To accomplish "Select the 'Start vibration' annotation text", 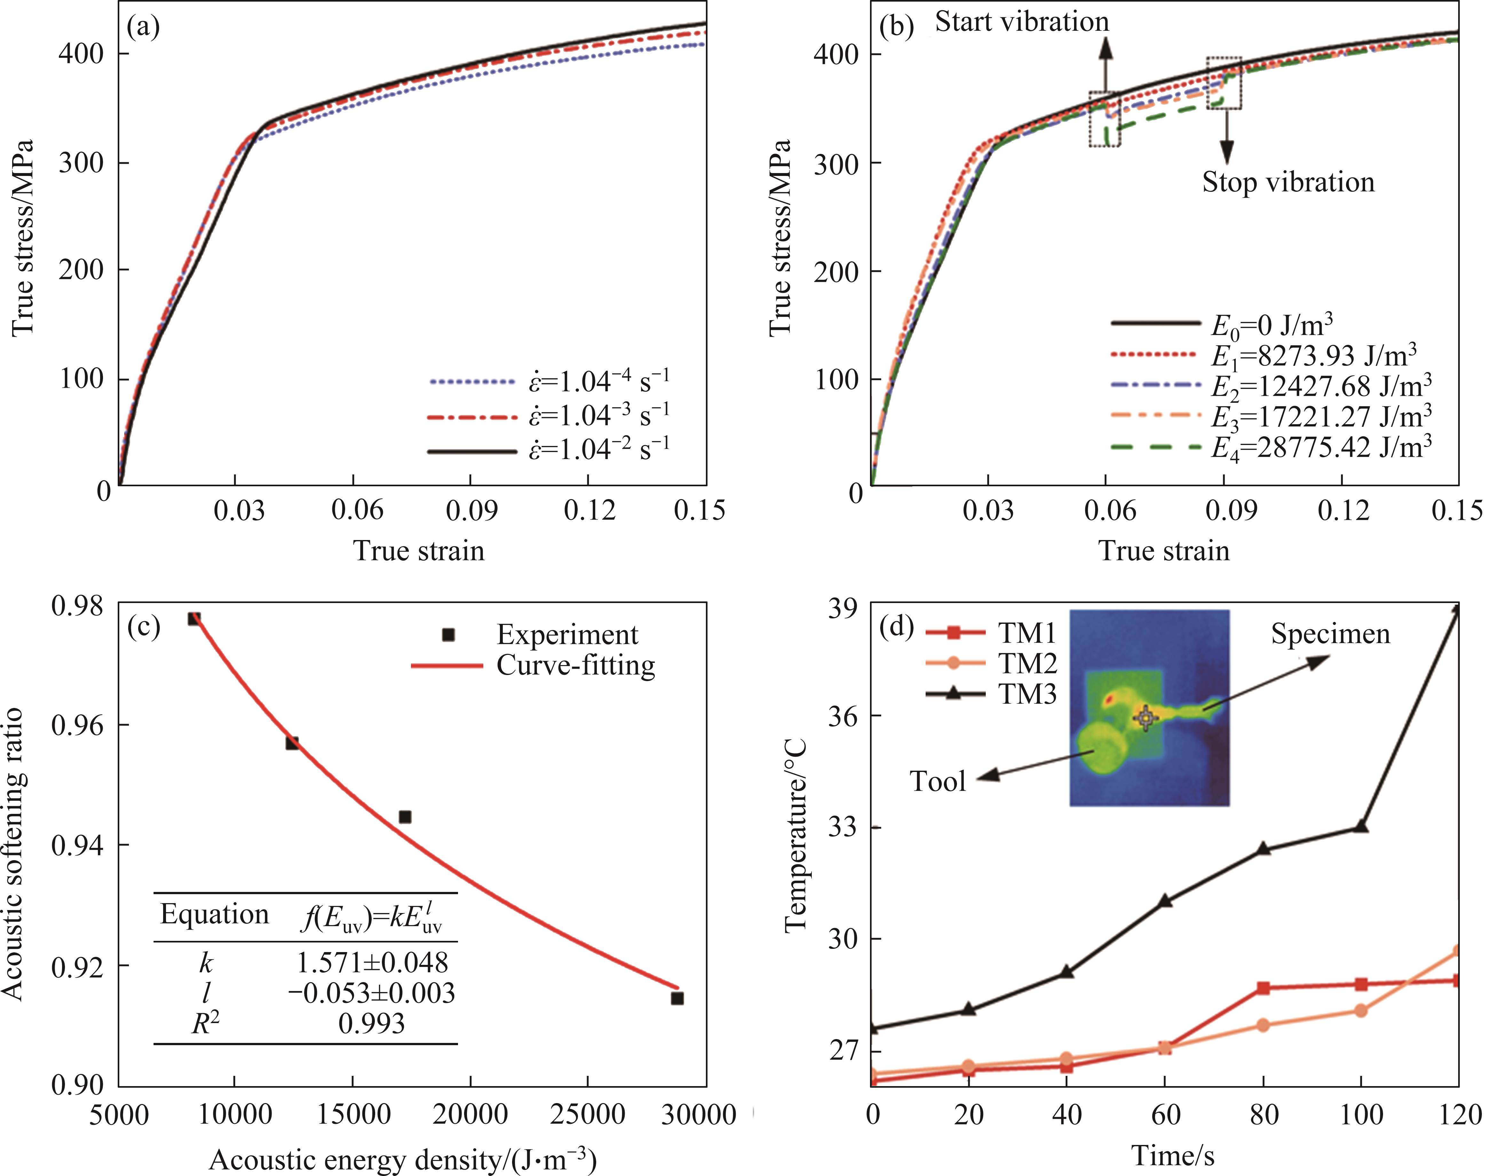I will point(1022,22).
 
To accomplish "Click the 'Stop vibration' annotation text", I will point(1288,182).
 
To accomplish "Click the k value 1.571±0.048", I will point(372,962).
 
